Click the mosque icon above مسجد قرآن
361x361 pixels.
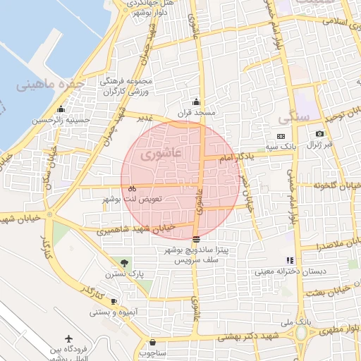click(196, 102)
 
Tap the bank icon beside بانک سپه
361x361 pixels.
click(281, 136)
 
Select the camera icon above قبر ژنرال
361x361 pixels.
click(319, 134)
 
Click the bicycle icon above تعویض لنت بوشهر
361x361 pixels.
click(132, 188)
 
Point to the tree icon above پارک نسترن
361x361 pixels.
click(125, 262)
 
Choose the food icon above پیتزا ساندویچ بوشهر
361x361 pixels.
click(195, 238)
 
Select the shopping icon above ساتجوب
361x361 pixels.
click(152, 342)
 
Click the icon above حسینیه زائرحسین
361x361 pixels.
click(61, 109)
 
